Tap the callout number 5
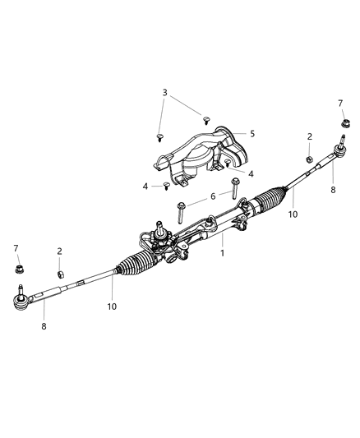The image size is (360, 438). tap(252, 133)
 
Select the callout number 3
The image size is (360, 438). tap(164, 92)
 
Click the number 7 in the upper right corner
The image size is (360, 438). tap(340, 103)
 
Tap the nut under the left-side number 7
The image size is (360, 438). tap(18, 268)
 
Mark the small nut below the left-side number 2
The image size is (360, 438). tap(60, 274)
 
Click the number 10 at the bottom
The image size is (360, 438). tap(111, 307)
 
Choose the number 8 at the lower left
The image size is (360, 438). tap(44, 325)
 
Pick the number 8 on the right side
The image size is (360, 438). tap(333, 190)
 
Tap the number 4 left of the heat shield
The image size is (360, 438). tap(145, 187)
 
